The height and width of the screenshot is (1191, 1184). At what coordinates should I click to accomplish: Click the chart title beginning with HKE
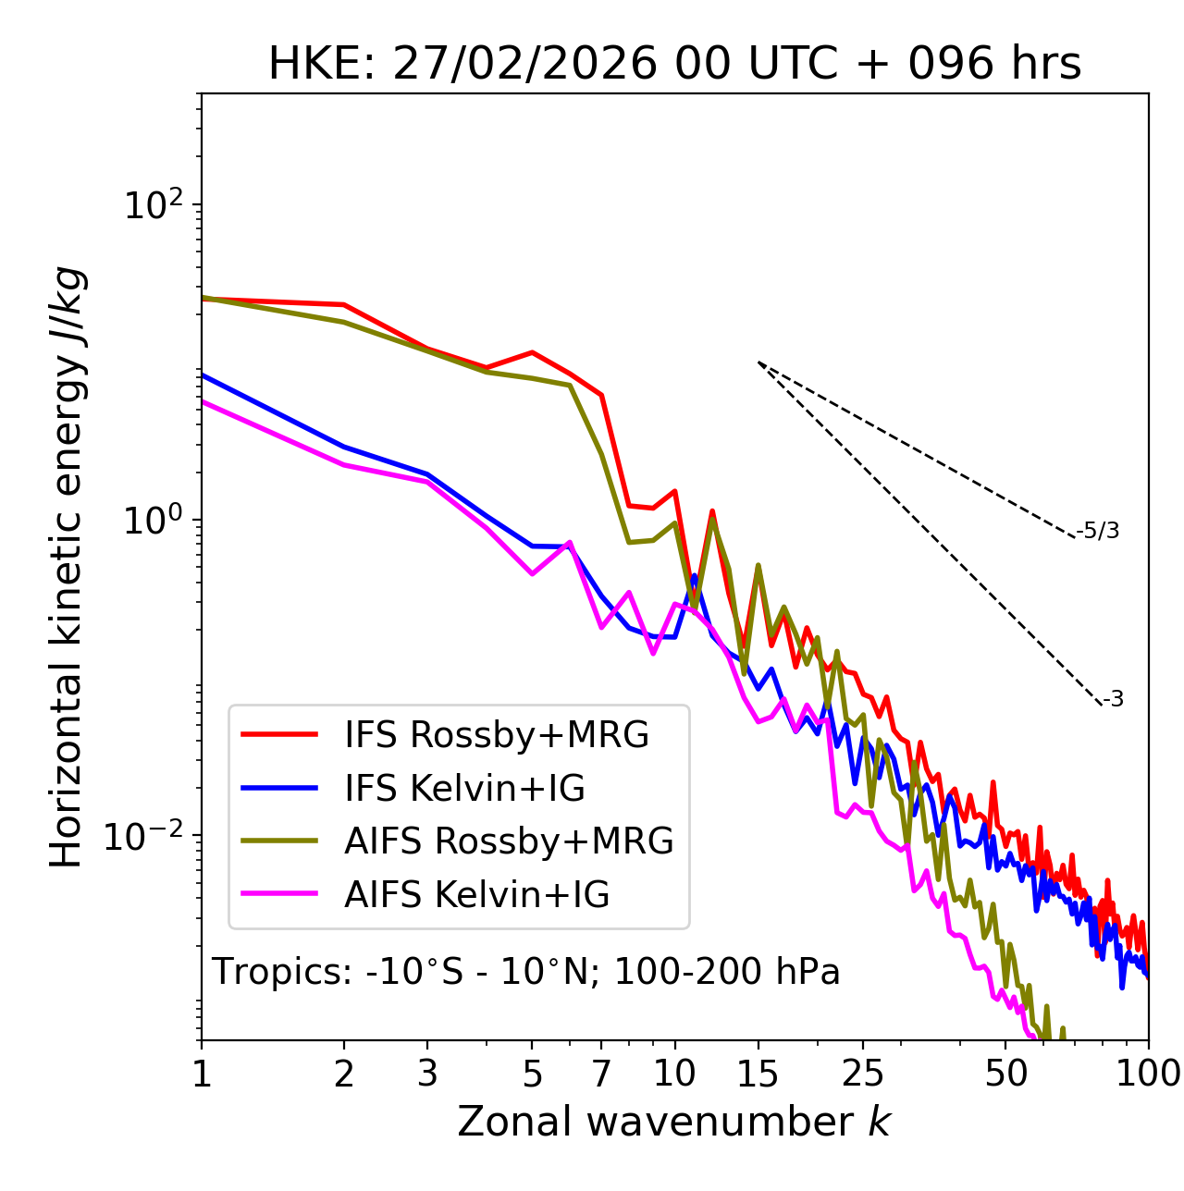(x=674, y=65)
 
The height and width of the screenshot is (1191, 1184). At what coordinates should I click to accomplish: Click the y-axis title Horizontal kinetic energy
(x=68, y=567)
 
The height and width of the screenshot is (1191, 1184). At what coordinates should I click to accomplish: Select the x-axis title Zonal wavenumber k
(x=673, y=1122)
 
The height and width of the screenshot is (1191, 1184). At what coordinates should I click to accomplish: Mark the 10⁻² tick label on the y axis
(x=148, y=835)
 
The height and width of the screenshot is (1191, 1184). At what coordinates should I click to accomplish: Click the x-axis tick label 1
(x=202, y=1074)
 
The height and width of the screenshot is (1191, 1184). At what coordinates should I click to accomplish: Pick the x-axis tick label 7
(x=601, y=1074)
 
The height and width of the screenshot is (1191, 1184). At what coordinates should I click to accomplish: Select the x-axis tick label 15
(x=758, y=1074)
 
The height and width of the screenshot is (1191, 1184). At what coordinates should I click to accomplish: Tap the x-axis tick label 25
(x=863, y=1074)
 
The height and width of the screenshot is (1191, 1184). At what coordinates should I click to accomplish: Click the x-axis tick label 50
(x=1006, y=1074)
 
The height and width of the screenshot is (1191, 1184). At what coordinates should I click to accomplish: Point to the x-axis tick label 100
(x=1148, y=1074)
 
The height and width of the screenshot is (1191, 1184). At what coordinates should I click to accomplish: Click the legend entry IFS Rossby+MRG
(x=497, y=734)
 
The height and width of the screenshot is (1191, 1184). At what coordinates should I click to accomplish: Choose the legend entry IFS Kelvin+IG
(x=464, y=788)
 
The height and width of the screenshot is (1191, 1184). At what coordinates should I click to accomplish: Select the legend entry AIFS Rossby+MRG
(x=509, y=841)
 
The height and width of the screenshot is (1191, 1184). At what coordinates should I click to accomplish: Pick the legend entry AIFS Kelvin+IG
(x=476, y=894)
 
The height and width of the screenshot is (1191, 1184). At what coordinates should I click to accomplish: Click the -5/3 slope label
(x=1098, y=531)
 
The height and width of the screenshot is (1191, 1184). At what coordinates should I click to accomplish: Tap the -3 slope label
(x=1113, y=700)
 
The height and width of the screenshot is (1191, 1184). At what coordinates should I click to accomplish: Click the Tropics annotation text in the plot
(x=526, y=972)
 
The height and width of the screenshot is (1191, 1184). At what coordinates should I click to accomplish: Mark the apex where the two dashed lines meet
(x=758, y=362)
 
